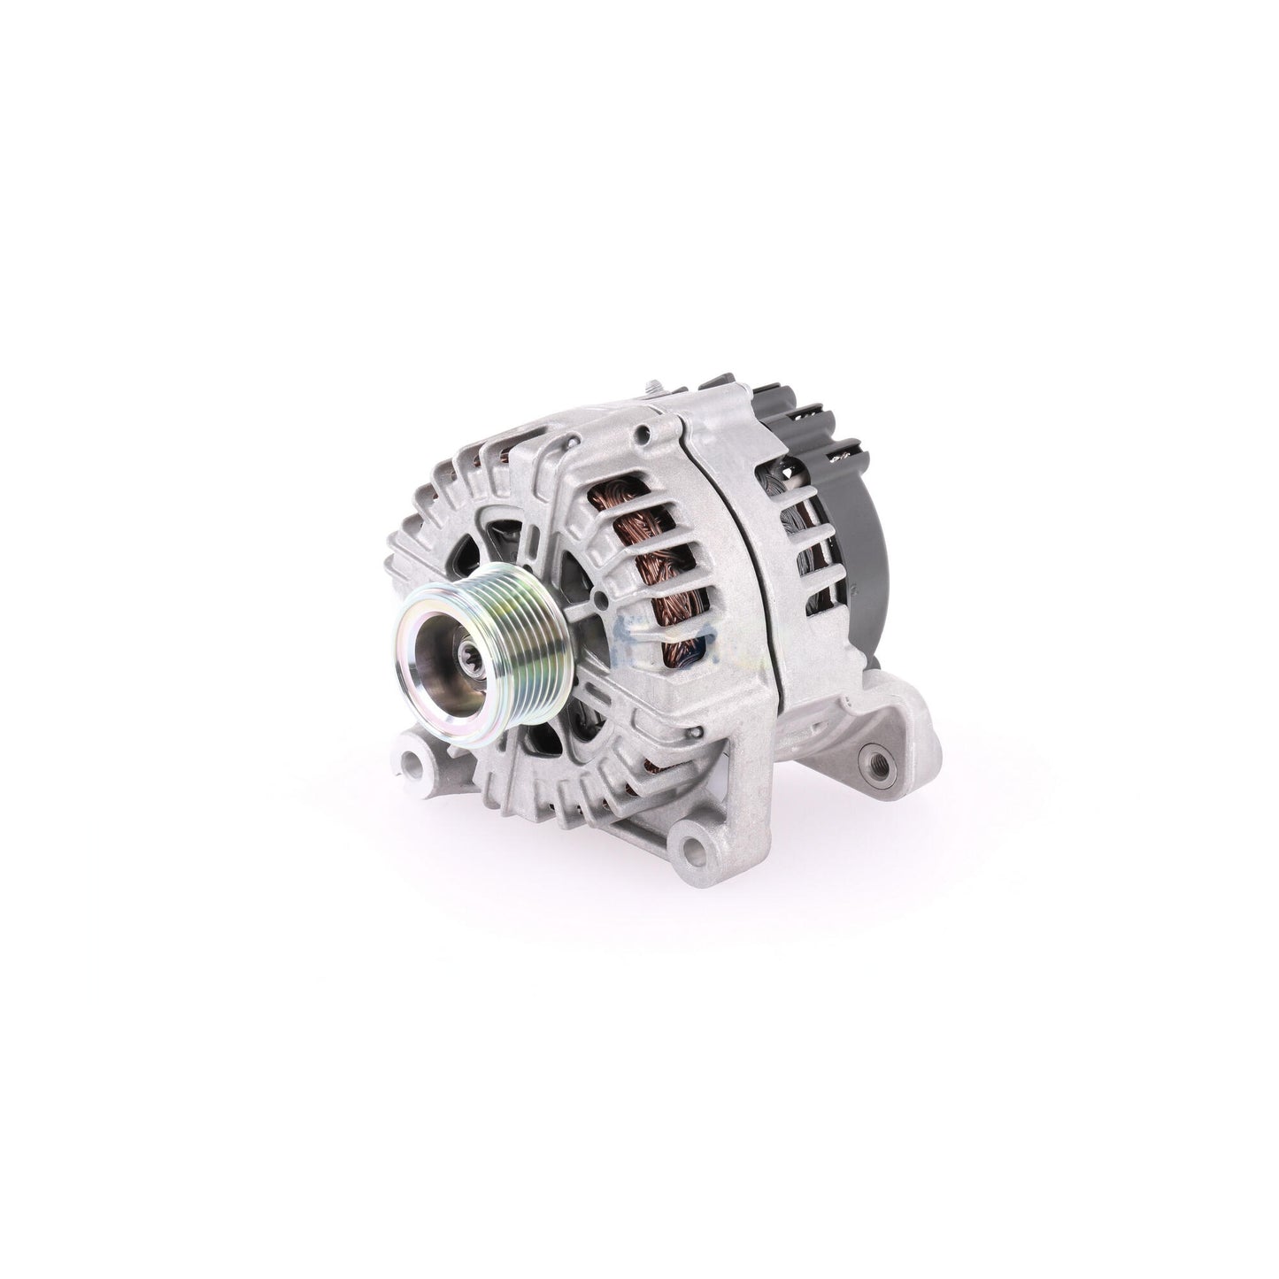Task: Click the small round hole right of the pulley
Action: click(602, 603)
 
